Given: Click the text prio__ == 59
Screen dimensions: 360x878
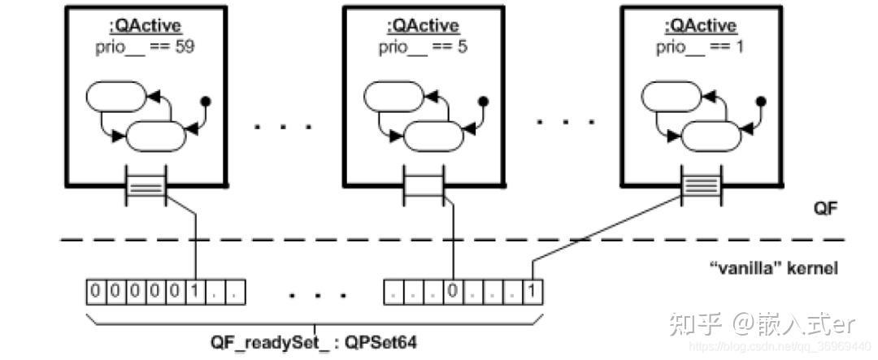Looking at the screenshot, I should point(146,46).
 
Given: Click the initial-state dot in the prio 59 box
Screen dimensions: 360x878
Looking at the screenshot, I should point(206,102).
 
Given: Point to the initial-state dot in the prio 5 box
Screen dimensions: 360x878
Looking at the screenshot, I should point(484,102).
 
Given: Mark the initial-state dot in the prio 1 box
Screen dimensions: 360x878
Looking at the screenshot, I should point(762,102).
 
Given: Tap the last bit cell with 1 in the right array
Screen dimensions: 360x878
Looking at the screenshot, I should point(531,290).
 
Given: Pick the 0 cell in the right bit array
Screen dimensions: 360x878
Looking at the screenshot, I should point(452,290).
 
